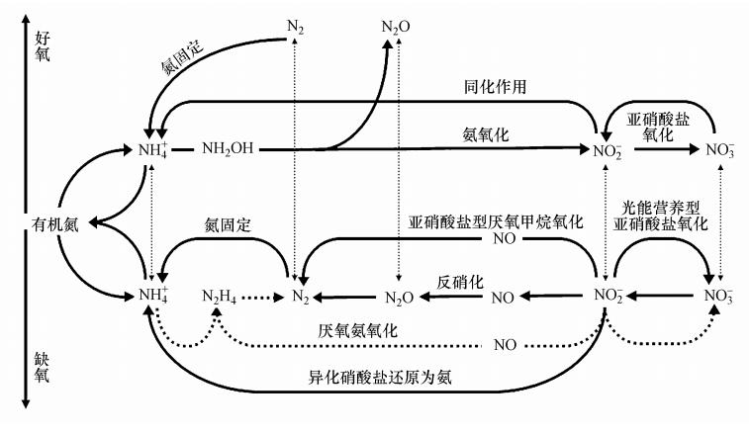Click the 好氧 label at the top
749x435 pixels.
tap(42, 45)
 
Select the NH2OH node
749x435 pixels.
tap(227, 149)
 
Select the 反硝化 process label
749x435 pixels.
tap(460, 282)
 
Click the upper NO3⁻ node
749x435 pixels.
tap(719, 150)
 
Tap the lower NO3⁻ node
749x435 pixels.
tap(719, 296)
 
